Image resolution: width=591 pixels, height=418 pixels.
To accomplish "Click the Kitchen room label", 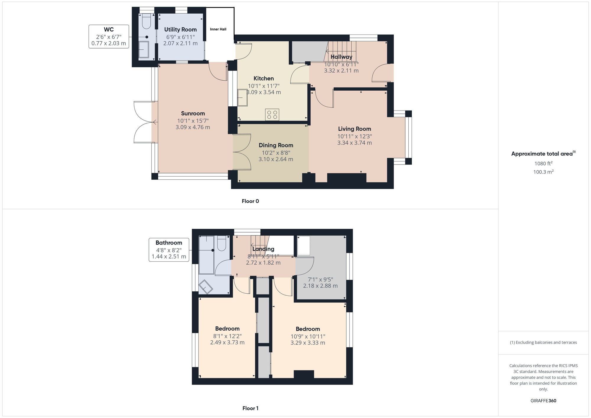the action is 264,78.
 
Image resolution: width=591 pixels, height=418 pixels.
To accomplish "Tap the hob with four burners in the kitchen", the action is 272,115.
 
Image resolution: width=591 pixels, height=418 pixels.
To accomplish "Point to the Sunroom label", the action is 193,113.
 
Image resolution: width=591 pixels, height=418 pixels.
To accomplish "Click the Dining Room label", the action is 276,145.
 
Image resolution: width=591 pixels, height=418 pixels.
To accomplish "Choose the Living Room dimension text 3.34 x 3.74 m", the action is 355,143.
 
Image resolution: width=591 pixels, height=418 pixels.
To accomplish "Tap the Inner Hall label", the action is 218,29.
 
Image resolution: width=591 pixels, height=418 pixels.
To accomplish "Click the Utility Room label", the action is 181,30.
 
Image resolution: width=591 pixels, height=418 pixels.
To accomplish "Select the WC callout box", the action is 109,37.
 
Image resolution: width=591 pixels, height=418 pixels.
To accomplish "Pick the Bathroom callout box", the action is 169,250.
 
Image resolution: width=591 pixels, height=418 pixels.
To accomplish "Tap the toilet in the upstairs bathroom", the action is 222,243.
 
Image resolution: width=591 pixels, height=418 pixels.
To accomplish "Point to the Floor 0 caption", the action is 250,201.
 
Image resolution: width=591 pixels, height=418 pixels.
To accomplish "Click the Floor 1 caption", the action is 250,408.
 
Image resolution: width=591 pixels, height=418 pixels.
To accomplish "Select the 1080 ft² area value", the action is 543,163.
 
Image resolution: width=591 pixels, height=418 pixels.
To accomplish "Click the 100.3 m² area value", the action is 543,172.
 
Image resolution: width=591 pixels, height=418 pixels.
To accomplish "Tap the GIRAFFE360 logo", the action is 543,401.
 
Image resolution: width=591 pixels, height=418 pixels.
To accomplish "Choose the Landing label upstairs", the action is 263,249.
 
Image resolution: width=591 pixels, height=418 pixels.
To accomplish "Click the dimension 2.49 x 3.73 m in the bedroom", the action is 227,343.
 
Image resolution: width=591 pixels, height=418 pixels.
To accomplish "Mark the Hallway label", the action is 341,57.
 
